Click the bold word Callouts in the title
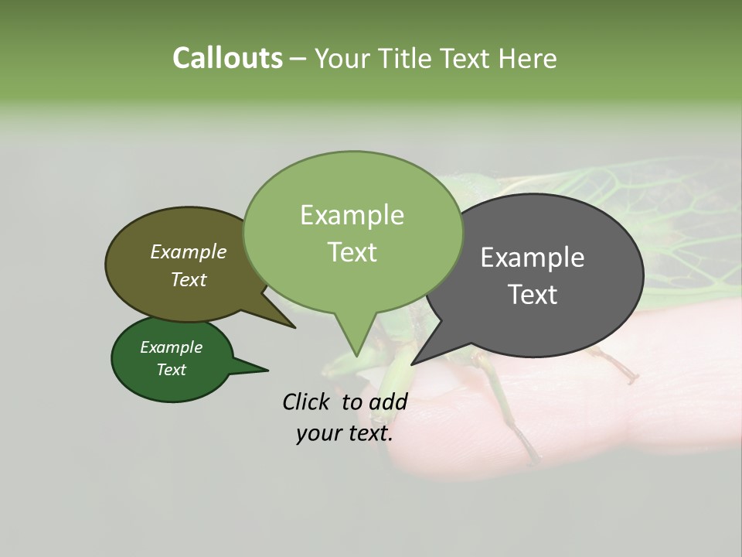[227, 58]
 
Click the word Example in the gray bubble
[533, 258]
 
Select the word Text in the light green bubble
[352, 252]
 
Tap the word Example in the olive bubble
[189, 251]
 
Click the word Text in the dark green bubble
[172, 370]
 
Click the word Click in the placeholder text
[307, 402]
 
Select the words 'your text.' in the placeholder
[345, 434]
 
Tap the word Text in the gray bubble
[533, 295]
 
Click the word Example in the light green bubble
[352, 215]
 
